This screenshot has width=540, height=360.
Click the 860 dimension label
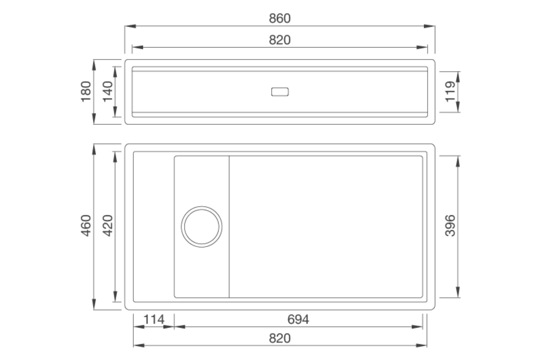279,18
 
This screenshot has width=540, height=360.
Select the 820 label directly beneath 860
279,40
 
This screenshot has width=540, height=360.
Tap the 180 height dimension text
86,92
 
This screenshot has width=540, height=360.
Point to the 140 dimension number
108,92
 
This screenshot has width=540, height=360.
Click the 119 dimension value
450,92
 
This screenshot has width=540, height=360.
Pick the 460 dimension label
86,226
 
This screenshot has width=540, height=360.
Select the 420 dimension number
108,226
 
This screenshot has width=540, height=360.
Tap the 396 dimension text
450,226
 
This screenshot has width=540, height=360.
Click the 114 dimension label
154,319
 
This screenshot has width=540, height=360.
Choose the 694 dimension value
298,319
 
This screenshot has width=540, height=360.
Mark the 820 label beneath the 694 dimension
279,338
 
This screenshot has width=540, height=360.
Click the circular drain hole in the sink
202,227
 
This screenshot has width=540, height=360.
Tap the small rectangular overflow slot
280,92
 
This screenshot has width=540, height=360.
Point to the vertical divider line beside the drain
229,227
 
